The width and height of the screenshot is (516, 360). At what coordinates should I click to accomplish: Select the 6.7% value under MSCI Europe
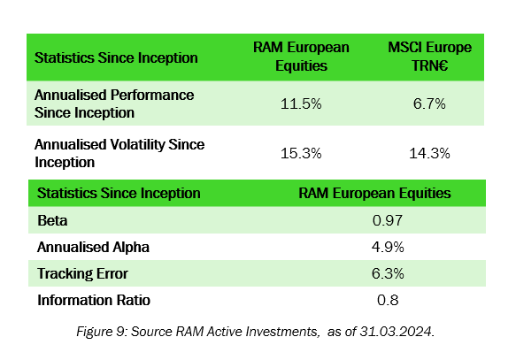[x=430, y=103]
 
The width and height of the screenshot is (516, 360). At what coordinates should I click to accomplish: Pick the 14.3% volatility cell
[x=430, y=153]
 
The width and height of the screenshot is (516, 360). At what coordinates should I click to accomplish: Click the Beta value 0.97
[x=387, y=219]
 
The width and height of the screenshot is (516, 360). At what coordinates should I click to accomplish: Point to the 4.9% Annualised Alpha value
[x=387, y=247]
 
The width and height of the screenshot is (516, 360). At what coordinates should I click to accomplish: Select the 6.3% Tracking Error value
[x=387, y=273]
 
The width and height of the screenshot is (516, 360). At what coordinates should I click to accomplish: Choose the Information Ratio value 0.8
[x=387, y=300]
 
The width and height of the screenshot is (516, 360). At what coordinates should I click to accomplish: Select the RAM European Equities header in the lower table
[x=387, y=193]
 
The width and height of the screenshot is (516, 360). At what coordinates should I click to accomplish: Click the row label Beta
[x=51, y=219]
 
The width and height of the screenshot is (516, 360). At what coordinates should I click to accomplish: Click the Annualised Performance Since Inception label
[x=113, y=103]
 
